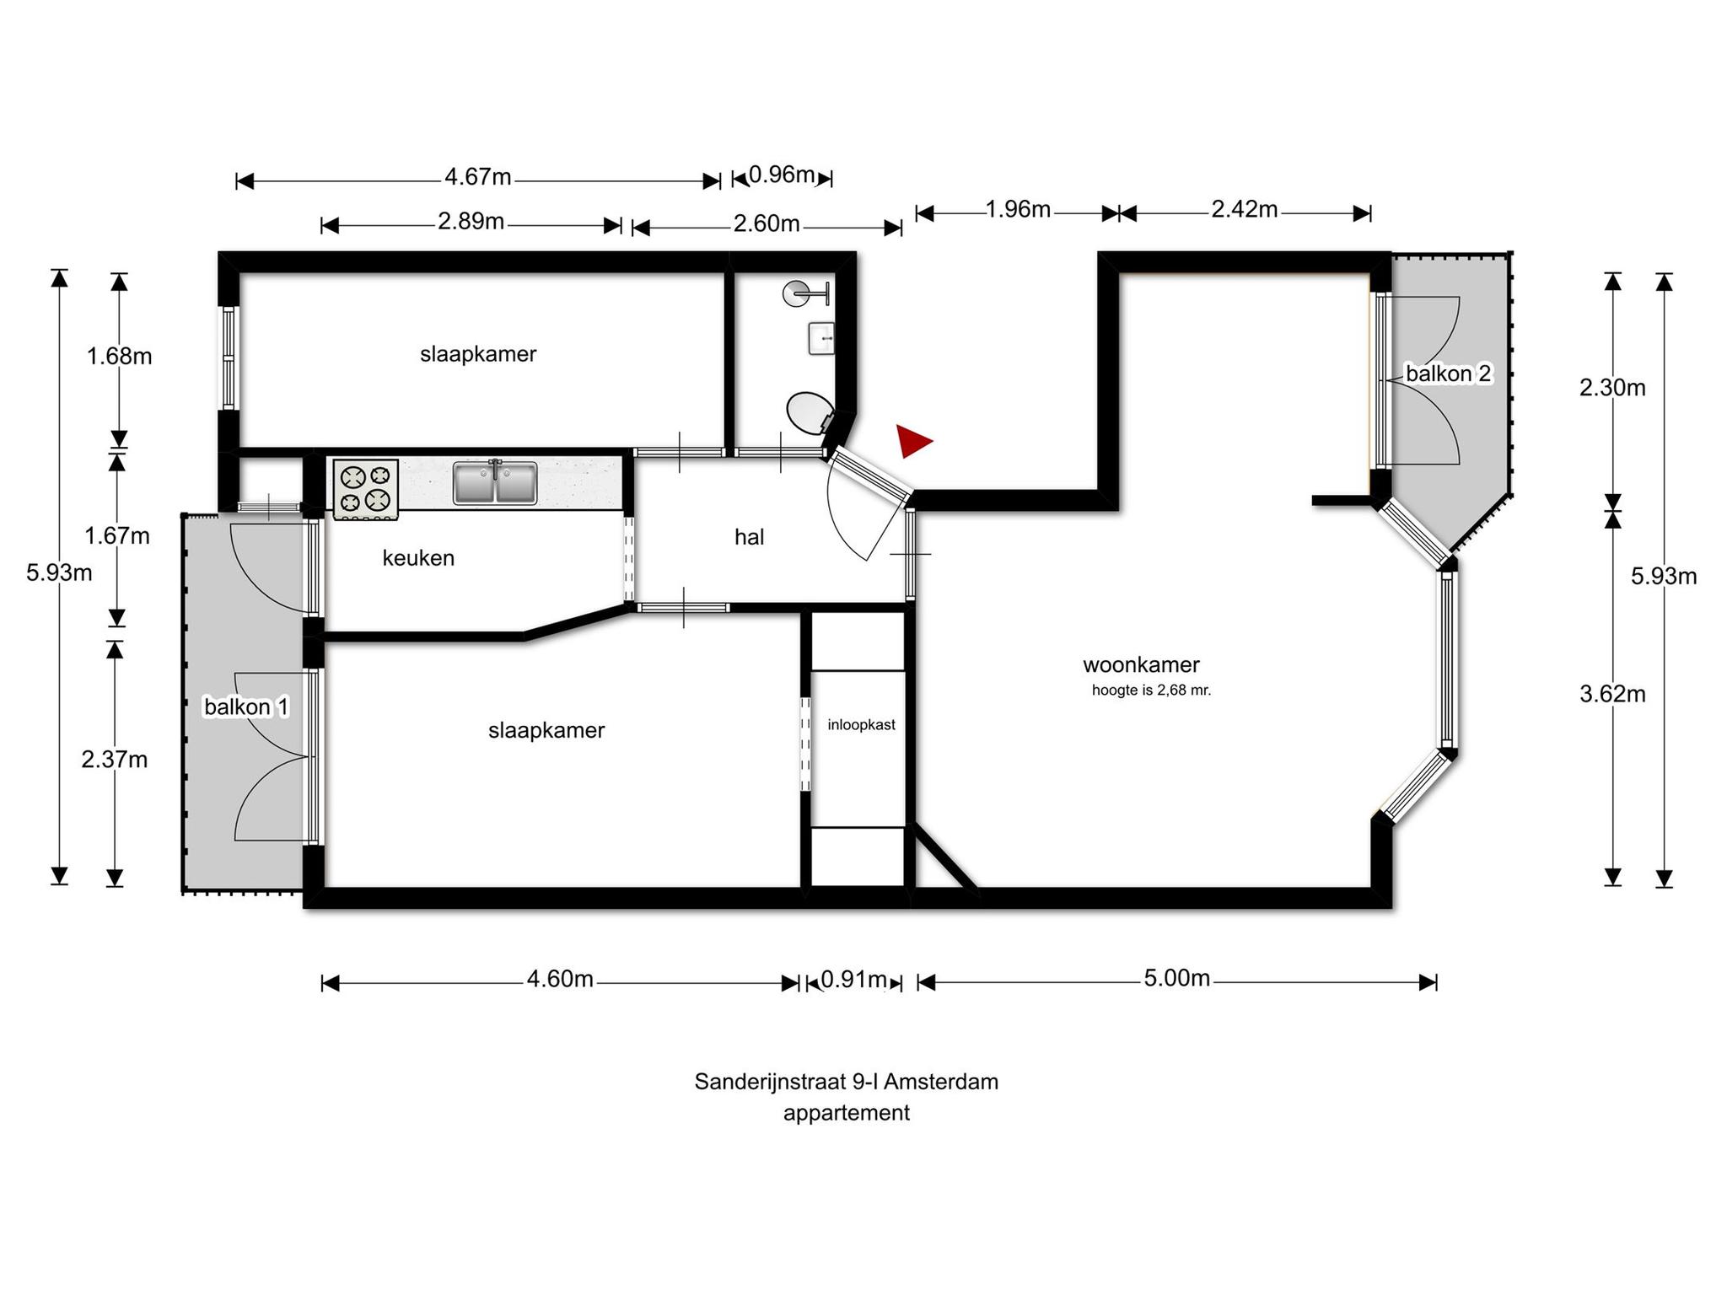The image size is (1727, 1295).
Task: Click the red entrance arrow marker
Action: click(x=913, y=441)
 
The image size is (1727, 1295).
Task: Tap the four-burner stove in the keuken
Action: click(x=366, y=488)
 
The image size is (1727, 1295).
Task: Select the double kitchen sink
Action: click(x=495, y=483)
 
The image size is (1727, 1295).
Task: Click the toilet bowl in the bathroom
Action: click(x=810, y=413)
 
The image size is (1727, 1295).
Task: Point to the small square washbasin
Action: click(x=821, y=338)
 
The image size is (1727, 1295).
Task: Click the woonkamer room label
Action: click(x=1141, y=665)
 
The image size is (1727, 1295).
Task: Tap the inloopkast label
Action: click(x=861, y=725)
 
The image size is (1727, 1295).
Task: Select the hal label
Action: click(x=749, y=537)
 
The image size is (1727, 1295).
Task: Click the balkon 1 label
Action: click(x=246, y=707)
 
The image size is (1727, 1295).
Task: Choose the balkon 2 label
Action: click(x=1449, y=373)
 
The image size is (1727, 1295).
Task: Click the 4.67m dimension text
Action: click(x=478, y=177)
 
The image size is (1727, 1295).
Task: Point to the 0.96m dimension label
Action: click(x=782, y=175)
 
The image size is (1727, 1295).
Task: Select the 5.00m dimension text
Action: click(x=1177, y=978)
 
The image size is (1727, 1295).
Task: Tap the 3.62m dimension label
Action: click(x=1612, y=694)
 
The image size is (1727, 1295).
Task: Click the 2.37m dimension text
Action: click(x=115, y=760)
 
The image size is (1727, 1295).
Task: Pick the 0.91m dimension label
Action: click(x=853, y=979)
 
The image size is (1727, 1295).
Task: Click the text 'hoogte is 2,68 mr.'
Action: click(x=1151, y=690)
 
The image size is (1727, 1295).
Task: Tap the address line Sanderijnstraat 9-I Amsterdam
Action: click(x=847, y=1082)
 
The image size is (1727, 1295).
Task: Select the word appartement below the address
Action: click(x=847, y=1114)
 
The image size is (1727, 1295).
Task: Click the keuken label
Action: click(x=418, y=558)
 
